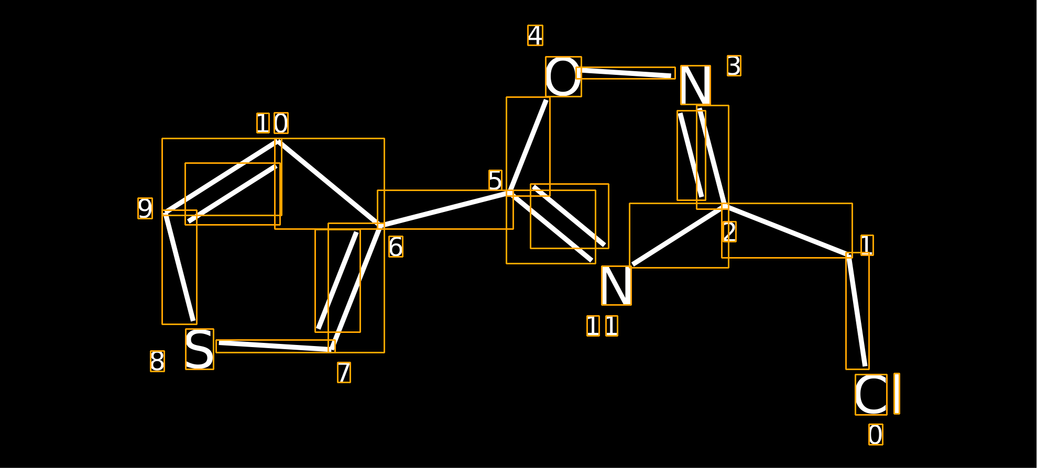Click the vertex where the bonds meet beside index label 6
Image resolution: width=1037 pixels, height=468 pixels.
[x=381, y=226]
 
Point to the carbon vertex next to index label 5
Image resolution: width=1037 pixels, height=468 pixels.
[x=510, y=193]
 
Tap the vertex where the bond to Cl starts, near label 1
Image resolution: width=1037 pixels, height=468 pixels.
[x=849, y=255]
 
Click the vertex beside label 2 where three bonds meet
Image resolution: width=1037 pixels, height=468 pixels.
[x=725, y=207]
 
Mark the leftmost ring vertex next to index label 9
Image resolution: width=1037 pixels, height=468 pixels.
[x=166, y=213]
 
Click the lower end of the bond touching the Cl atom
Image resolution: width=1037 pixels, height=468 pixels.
[x=865, y=365]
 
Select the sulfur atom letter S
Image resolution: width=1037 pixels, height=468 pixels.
[x=200, y=349]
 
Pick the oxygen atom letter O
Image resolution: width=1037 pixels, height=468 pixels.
[x=563, y=77]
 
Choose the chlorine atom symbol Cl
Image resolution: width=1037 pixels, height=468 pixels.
[x=878, y=394]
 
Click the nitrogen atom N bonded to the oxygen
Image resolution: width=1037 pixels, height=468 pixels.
[x=695, y=85]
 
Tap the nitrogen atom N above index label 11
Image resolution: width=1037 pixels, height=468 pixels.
[x=616, y=285]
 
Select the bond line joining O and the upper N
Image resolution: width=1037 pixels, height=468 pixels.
[x=626, y=73]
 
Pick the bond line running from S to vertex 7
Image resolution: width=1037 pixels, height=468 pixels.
[x=276, y=346]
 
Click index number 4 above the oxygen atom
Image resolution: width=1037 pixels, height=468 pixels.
[x=535, y=36]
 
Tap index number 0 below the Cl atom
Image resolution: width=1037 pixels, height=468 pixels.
[x=876, y=434]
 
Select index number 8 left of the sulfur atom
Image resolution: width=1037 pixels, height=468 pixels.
[x=157, y=361]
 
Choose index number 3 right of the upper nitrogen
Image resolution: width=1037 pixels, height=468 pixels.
[x=734, y=65]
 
